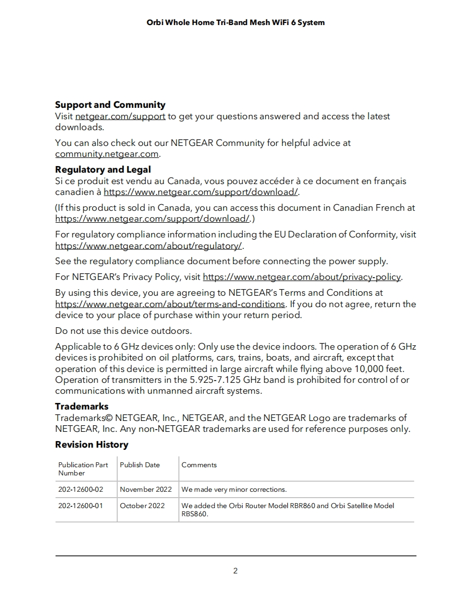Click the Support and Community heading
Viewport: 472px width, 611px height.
click(x=110, y=105)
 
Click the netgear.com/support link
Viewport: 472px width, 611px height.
click(x=120, y=116)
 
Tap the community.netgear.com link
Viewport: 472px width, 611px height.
click(x=106, y=154)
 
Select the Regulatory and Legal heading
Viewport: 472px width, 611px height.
click(x=102, y=169)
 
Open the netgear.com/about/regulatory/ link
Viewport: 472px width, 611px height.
click(x=148, y=246)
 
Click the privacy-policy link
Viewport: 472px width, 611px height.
click(x=301, y=277)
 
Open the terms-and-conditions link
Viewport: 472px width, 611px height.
click(x=170, y=304)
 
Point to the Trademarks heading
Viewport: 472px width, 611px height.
click(x=82, y=406)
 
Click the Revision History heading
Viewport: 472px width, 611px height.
click(x=92, y=444)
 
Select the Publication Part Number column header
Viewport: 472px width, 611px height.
click(x=83, y=469)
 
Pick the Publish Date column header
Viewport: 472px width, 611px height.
click(x=140, y=465)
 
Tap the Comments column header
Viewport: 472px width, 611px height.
click(x=199, y=465)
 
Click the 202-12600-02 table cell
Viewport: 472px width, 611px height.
click(x=81, y=490)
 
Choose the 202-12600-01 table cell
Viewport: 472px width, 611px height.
click(x=81, y=506)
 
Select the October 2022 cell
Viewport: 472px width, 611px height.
click(x=142, y=506)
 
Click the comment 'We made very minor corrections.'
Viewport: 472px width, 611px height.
click(x=234, y=490)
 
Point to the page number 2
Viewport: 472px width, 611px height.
click(x=235, y=571)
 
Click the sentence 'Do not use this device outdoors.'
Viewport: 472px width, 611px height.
click(x=123, y=331)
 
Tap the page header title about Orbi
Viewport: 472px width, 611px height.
click(x=235, y=22)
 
